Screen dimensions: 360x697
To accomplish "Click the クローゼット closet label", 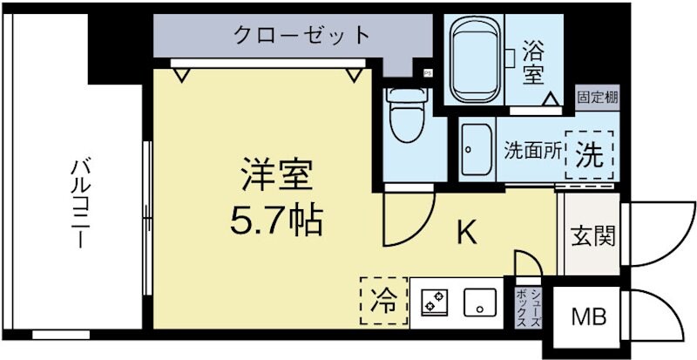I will [301, 37].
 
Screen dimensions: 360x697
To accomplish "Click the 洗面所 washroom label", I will [531, 149].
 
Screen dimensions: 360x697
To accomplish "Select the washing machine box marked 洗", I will [589, 154].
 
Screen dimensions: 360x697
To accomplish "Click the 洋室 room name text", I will [276, 178].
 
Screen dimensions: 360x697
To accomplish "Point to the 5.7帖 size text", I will [276, 221].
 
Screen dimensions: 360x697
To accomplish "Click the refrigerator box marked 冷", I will [382, 302].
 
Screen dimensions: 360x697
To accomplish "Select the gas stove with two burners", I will [433, 302].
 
